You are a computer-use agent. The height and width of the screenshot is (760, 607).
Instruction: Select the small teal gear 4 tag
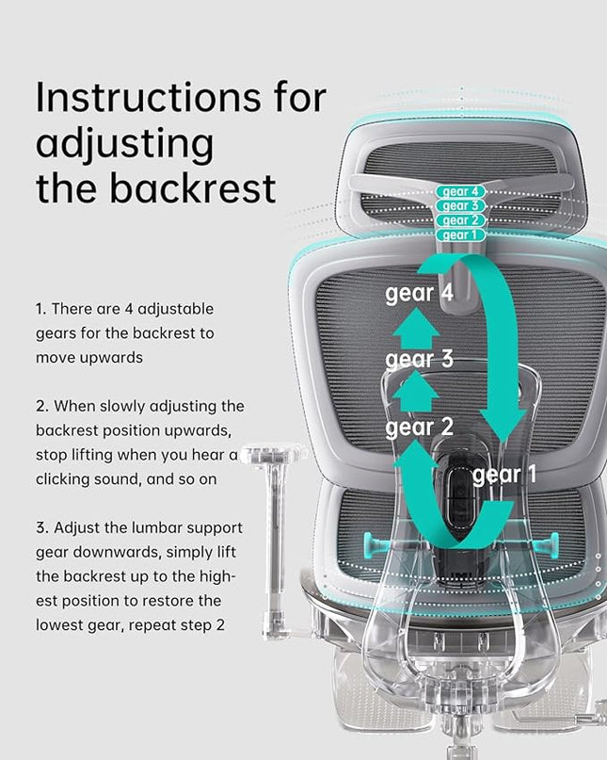(460, 191)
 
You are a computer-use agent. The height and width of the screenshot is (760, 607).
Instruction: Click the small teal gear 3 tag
(460, 206)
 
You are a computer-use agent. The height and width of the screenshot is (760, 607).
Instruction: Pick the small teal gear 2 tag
(460, 220)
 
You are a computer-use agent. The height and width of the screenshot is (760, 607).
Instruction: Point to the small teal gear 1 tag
(460, 235)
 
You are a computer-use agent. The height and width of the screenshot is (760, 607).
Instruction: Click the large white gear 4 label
(419, 294)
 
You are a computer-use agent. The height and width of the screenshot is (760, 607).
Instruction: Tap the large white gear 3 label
(419, 360)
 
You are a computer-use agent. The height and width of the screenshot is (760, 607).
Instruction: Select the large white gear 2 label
(419, 428)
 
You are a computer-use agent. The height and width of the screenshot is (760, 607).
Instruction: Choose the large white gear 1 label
(504, 475)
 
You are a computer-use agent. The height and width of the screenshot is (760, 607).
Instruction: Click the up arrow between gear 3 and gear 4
(416, 328)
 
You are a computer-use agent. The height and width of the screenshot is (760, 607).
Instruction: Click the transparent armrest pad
(274, 453)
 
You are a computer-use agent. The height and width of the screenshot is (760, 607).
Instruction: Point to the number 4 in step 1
(128, 309)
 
